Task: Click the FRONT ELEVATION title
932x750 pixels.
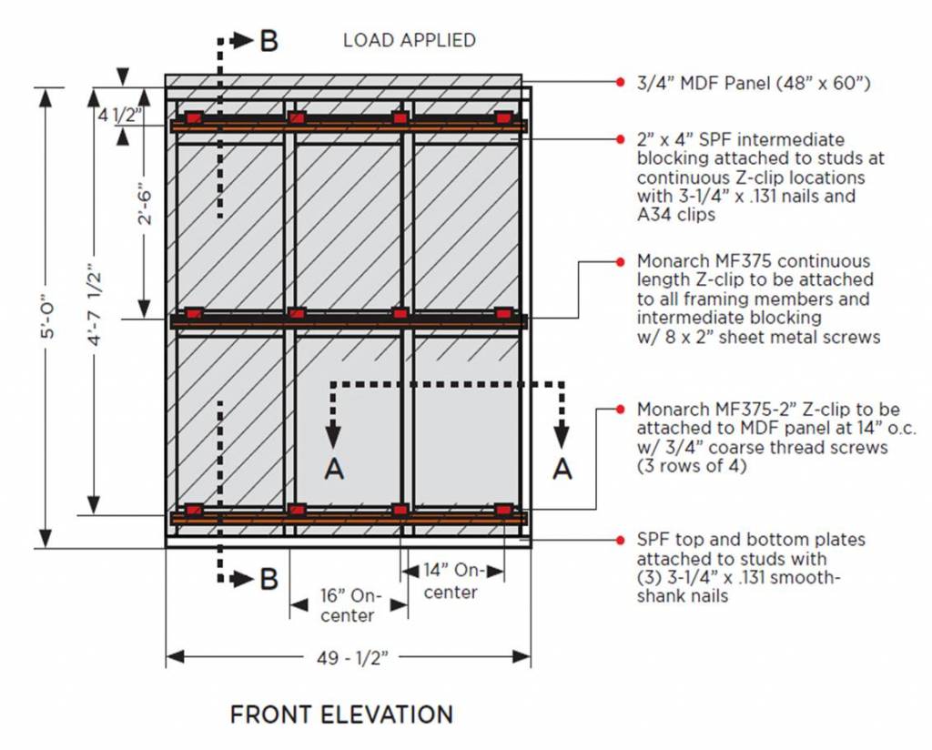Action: [x=341, y=715]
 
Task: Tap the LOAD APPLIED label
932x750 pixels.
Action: [x=409, y=40]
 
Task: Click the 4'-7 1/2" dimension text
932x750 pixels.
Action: [x=103, y=296]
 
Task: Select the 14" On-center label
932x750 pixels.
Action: [x=451, y=581]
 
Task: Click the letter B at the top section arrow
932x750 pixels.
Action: [x=269, y=40]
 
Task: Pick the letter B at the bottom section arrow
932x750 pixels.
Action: [x=269, y=579]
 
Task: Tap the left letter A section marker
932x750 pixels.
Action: [x=334, y=468]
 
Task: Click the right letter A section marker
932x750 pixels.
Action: [x=562, y=468]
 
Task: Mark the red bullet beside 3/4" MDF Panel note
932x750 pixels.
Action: [x=620, y=83]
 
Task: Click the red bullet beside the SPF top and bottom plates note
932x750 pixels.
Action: [x=620, y=540]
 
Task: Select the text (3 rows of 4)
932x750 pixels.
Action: [x=690, y=466]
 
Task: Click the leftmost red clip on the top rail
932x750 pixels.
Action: [x=193, y=117]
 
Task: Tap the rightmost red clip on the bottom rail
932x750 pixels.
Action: [x=503, y=510]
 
